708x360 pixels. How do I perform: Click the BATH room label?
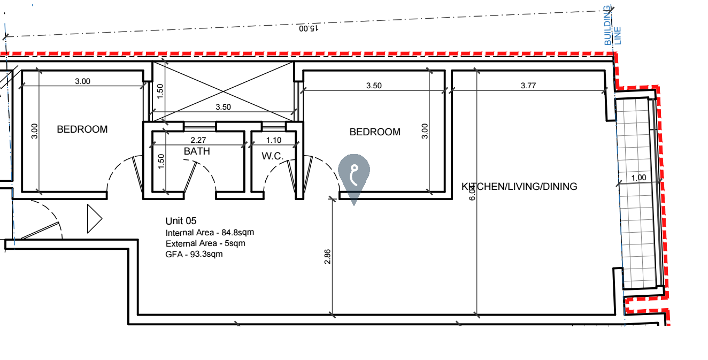[x=197, y=151]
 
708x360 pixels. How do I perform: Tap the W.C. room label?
[x=272, y=156]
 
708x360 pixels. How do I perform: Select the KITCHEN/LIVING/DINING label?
[x=519, y=187]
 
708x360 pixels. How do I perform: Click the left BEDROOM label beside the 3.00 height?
[x=82, y=129]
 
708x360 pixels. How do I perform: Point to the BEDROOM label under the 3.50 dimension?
[x=375, y=132]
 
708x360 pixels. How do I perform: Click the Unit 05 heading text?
[x=181, y=221]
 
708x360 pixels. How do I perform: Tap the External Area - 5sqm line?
[x=205, y=244]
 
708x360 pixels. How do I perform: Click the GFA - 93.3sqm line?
[x=194, y=254]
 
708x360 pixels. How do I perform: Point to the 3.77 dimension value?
[x=528, y=86]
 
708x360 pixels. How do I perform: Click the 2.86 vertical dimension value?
[x=328, y=257]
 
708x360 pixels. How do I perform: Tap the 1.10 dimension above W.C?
[x=274, y=141]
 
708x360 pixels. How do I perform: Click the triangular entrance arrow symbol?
[x=94, y=218]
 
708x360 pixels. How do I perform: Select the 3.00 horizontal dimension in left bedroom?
[x=82, y=81]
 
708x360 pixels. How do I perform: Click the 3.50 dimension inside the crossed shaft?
[x=223, y=107]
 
